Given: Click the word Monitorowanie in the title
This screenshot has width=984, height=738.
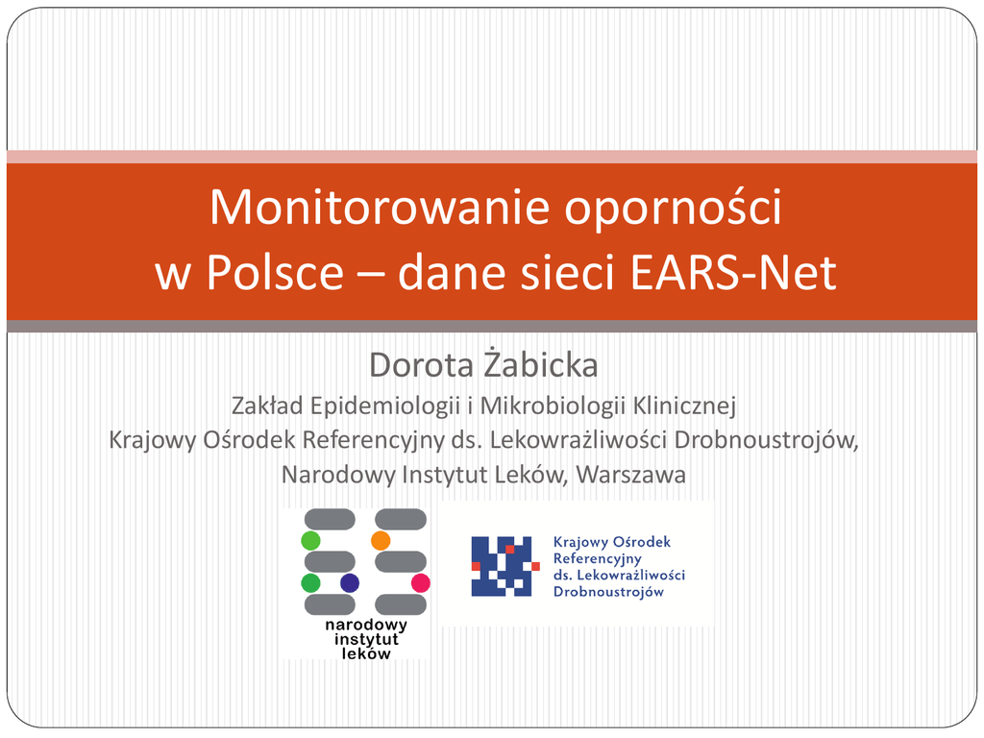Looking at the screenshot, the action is pos(380,208).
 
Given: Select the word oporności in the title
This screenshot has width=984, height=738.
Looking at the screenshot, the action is pos(673,208).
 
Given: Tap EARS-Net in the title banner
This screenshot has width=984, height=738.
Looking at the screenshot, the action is pos(733,272).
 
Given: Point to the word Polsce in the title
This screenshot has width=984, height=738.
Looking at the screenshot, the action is pos(275,272).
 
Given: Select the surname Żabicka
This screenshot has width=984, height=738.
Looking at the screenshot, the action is pos(541,364).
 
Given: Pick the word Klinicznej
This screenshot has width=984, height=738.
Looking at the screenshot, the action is pos(684,406).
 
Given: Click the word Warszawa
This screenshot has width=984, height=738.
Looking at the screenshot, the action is pos(630,475).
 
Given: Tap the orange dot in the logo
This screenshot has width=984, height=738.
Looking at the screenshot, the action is pos(381,540).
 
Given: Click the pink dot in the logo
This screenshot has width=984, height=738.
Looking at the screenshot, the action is pos(421,583).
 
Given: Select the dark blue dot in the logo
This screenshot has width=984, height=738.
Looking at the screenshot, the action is pos(350,583).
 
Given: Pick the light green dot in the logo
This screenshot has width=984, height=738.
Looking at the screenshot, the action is pos(310,540).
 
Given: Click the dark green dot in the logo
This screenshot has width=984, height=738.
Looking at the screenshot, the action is pos(310,583).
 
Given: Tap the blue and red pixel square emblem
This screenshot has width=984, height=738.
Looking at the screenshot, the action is pos(504,566).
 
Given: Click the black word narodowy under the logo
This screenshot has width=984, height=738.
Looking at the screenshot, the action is pos(366,625).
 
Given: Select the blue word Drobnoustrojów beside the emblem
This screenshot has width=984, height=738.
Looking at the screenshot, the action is pos(608,592).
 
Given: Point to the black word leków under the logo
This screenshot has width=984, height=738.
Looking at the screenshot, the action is pos(366,653).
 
